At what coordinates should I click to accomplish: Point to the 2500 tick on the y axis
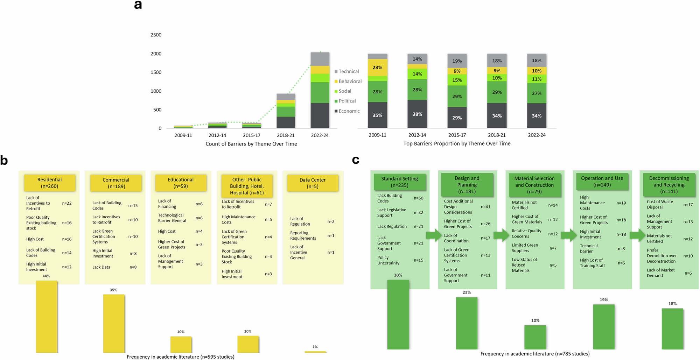click(x=156, y=35)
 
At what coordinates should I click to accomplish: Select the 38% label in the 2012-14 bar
click(x=417, y=114)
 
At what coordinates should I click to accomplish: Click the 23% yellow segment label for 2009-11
click(x=377, y=68)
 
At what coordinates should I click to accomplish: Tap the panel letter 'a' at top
click(x=138, y=5)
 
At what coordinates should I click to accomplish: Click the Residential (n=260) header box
click(x=49, y=183)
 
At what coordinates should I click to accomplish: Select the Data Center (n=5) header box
click(x=313, y=183)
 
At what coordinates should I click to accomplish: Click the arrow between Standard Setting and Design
click(x=434, y=235)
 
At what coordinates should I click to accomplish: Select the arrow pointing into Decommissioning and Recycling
click(x=637, y=235)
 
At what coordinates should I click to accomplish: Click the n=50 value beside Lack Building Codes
click(x=418, y=198)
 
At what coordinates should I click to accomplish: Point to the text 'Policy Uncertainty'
click(x=388, y=260)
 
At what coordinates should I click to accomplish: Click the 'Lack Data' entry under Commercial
click(x=101, y=267)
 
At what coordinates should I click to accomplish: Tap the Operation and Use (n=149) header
click(x=602, y=181)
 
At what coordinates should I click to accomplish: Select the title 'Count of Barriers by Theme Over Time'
click(x=251, y=144)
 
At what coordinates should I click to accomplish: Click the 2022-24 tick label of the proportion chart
click(x=537, y=135)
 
